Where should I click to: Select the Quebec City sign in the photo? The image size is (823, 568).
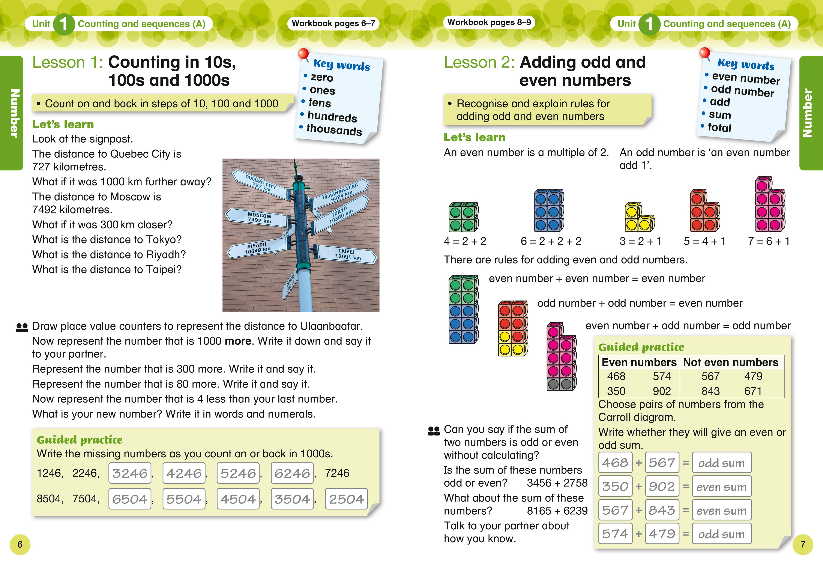coord(261,184)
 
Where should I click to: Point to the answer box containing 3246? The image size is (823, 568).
coord(130,473)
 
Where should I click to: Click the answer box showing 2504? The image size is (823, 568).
coord(346,499)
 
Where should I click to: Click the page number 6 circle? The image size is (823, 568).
coord(20,544)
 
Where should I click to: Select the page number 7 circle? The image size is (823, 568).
coord(803,544)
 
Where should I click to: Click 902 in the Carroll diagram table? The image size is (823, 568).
coord(661,391)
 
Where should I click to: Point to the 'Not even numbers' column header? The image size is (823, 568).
coord(731,362)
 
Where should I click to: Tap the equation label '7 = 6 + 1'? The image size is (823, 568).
coord(769,241)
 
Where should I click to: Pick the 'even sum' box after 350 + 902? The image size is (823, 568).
coord(722,487)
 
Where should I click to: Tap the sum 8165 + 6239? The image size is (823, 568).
coord(557,511)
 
